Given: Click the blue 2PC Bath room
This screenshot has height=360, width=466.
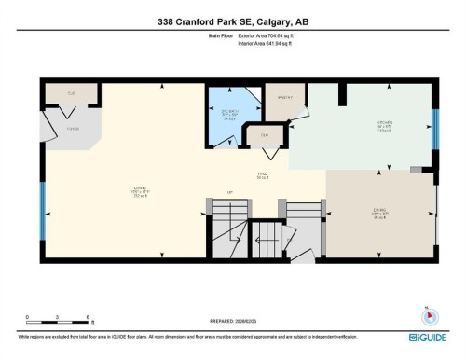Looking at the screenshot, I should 223,114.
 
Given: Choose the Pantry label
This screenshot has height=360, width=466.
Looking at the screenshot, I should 284,97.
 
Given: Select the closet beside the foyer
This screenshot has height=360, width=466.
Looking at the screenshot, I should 69,93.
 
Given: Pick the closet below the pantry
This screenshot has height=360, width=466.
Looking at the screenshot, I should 264,136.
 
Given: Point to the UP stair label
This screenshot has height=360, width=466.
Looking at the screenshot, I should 229,193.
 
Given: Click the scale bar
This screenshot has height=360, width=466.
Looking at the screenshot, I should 56,325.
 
